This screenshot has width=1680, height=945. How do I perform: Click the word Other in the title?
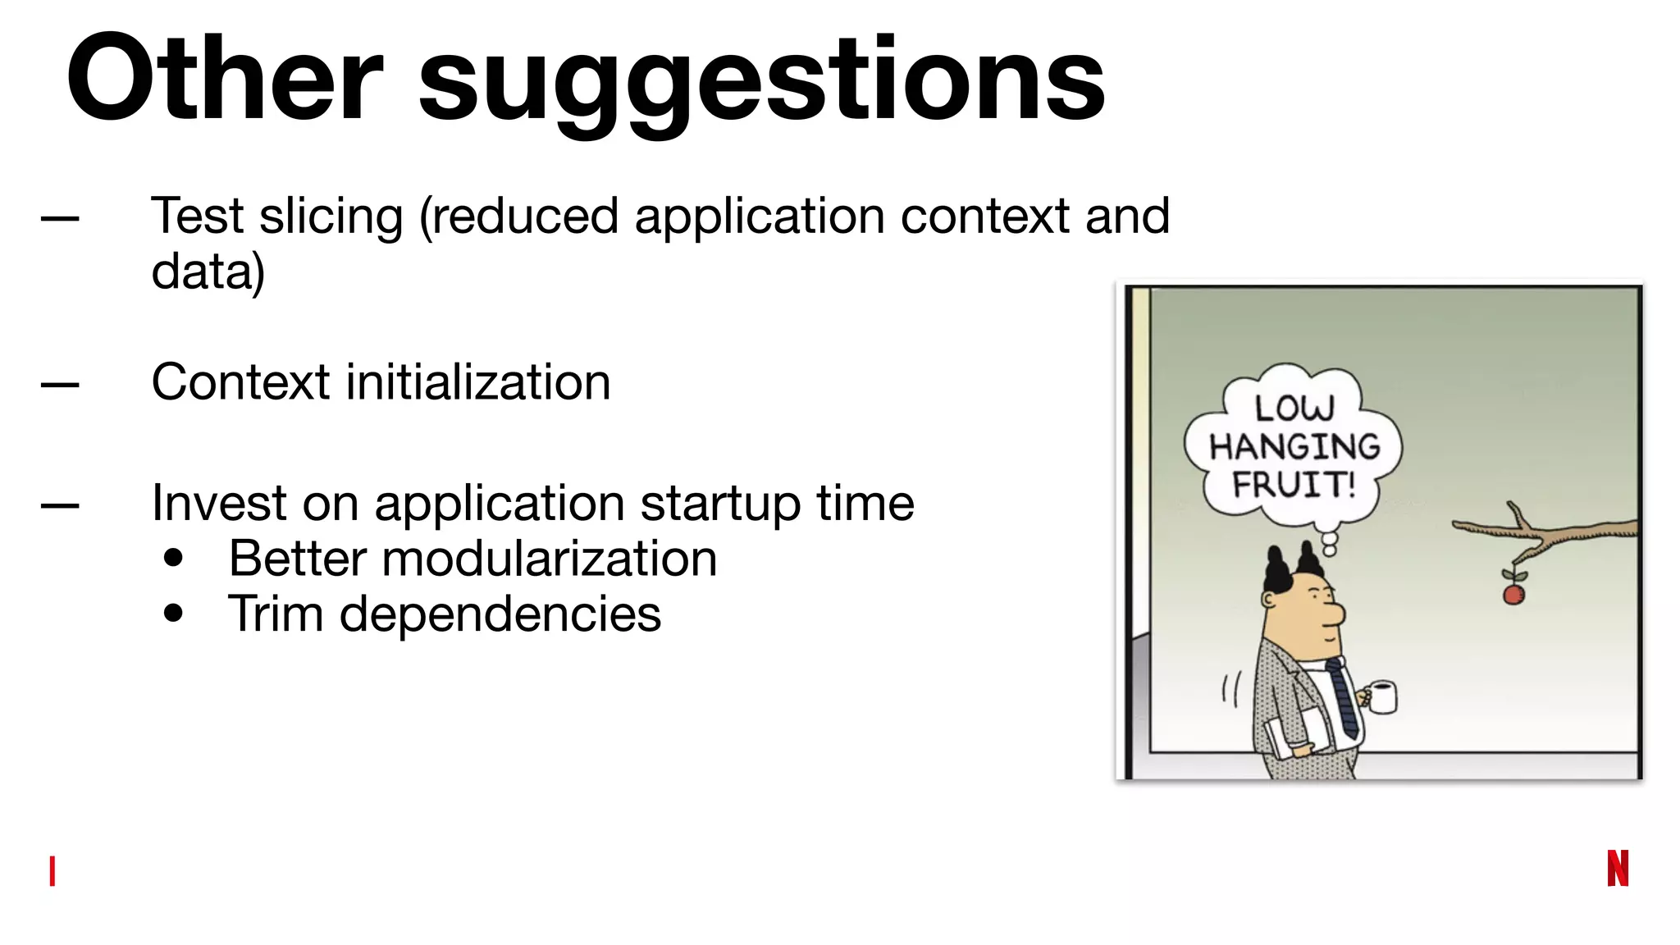(x=223, y=79)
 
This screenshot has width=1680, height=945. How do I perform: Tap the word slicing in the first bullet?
(x=331, y=217)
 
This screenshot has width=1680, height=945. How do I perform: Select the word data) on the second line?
(x=208, y=272)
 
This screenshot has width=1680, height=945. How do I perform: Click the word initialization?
(x=478, y=383)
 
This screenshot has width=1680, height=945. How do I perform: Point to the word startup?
(x=719, y=503)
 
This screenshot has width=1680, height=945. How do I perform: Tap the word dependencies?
(x=500, y=614)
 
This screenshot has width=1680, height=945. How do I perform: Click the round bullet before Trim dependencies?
(x=173, y=613)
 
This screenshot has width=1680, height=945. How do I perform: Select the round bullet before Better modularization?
(x=173, y=558)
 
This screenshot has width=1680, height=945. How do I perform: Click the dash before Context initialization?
(x=60, y=384)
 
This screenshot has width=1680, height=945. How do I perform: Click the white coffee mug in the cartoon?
(x=1382, y=697)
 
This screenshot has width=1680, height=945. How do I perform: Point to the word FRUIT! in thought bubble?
(x=1294, y=484)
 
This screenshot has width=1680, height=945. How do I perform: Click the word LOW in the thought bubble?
(x=1294, y=408)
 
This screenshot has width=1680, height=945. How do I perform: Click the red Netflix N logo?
(x=1617, y=869)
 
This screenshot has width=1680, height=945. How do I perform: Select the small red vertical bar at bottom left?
(x=52, y=871)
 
